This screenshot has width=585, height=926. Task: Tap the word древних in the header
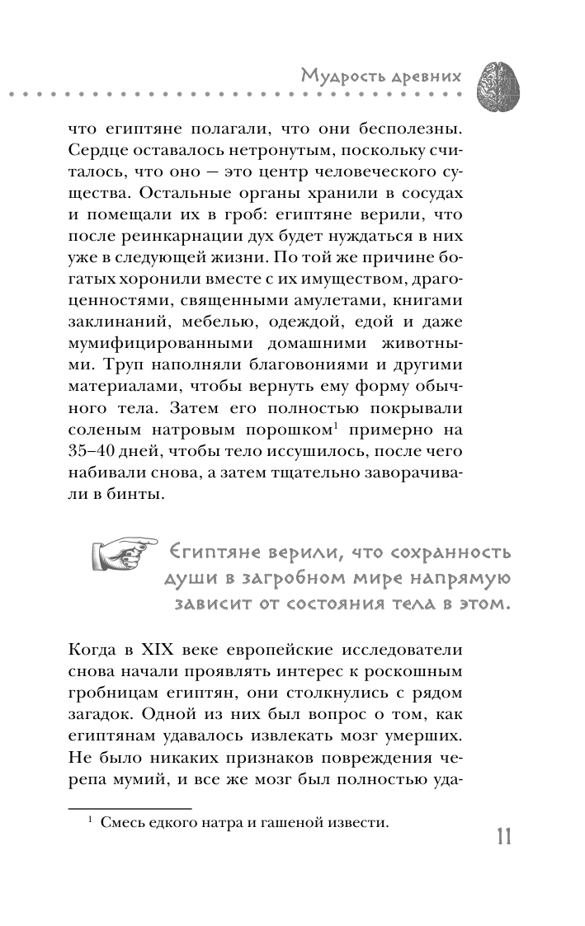coord(425,78)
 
